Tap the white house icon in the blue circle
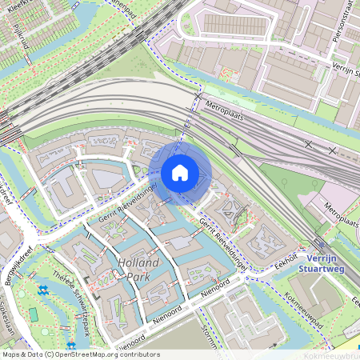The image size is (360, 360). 180,173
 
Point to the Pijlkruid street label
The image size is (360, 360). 22,36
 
